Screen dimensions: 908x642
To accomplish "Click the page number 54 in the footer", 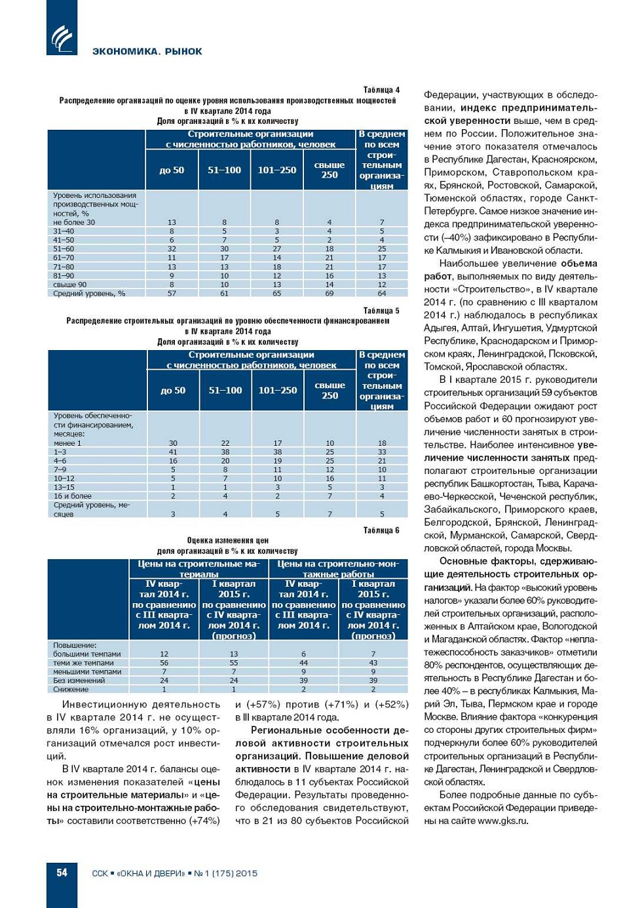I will [62, 873].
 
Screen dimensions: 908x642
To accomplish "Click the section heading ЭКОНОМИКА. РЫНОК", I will [147, 51].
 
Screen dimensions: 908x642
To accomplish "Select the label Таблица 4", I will [381, 90].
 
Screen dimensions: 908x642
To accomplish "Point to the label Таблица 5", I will [381, 311].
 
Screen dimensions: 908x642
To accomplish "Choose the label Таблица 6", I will [381, 530].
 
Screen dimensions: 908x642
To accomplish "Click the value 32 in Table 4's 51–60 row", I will [172, 249].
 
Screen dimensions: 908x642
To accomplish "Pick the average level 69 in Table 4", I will [330, 294].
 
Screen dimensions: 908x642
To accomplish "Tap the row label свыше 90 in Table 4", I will [69, 285].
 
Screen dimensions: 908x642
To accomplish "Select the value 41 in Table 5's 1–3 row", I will [173, 452].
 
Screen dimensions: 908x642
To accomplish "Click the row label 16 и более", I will [73, 496].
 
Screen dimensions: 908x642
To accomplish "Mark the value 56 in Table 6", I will [164, 663].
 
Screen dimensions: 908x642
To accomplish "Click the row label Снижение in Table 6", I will [71, 689].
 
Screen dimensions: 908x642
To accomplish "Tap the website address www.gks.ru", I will [502, 821].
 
